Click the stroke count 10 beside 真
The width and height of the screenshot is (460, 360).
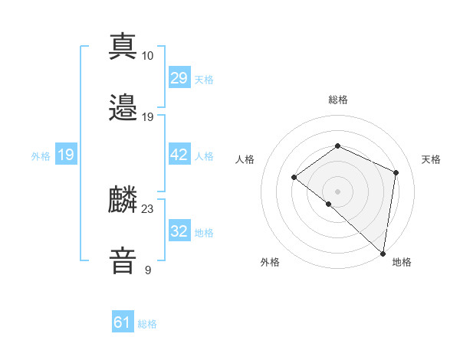(x=148, y=55)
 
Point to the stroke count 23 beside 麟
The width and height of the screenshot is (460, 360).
(x=148, y=208)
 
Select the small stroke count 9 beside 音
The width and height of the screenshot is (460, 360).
(x=148, y=270)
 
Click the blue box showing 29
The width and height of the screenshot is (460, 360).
(x=179, y=78)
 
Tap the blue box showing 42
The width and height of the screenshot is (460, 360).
(x=179, y=155)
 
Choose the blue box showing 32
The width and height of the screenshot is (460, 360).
(x=179, y=231)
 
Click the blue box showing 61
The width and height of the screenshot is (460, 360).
(x=123, y=323)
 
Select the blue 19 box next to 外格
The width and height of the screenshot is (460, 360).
(x=66, y=155)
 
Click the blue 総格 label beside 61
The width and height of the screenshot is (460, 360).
(x=147, y=324)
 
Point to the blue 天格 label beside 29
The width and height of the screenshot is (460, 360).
(x=204, y=79)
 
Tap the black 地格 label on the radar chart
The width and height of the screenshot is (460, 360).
(x=402, y=262)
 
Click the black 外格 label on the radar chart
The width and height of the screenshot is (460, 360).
(x=270, y=262)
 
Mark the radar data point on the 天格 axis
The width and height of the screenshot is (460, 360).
(x=396, y=172)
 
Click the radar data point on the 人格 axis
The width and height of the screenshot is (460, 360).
(x=294, y=178)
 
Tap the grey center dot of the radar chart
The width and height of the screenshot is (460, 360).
(x=337, y=191)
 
